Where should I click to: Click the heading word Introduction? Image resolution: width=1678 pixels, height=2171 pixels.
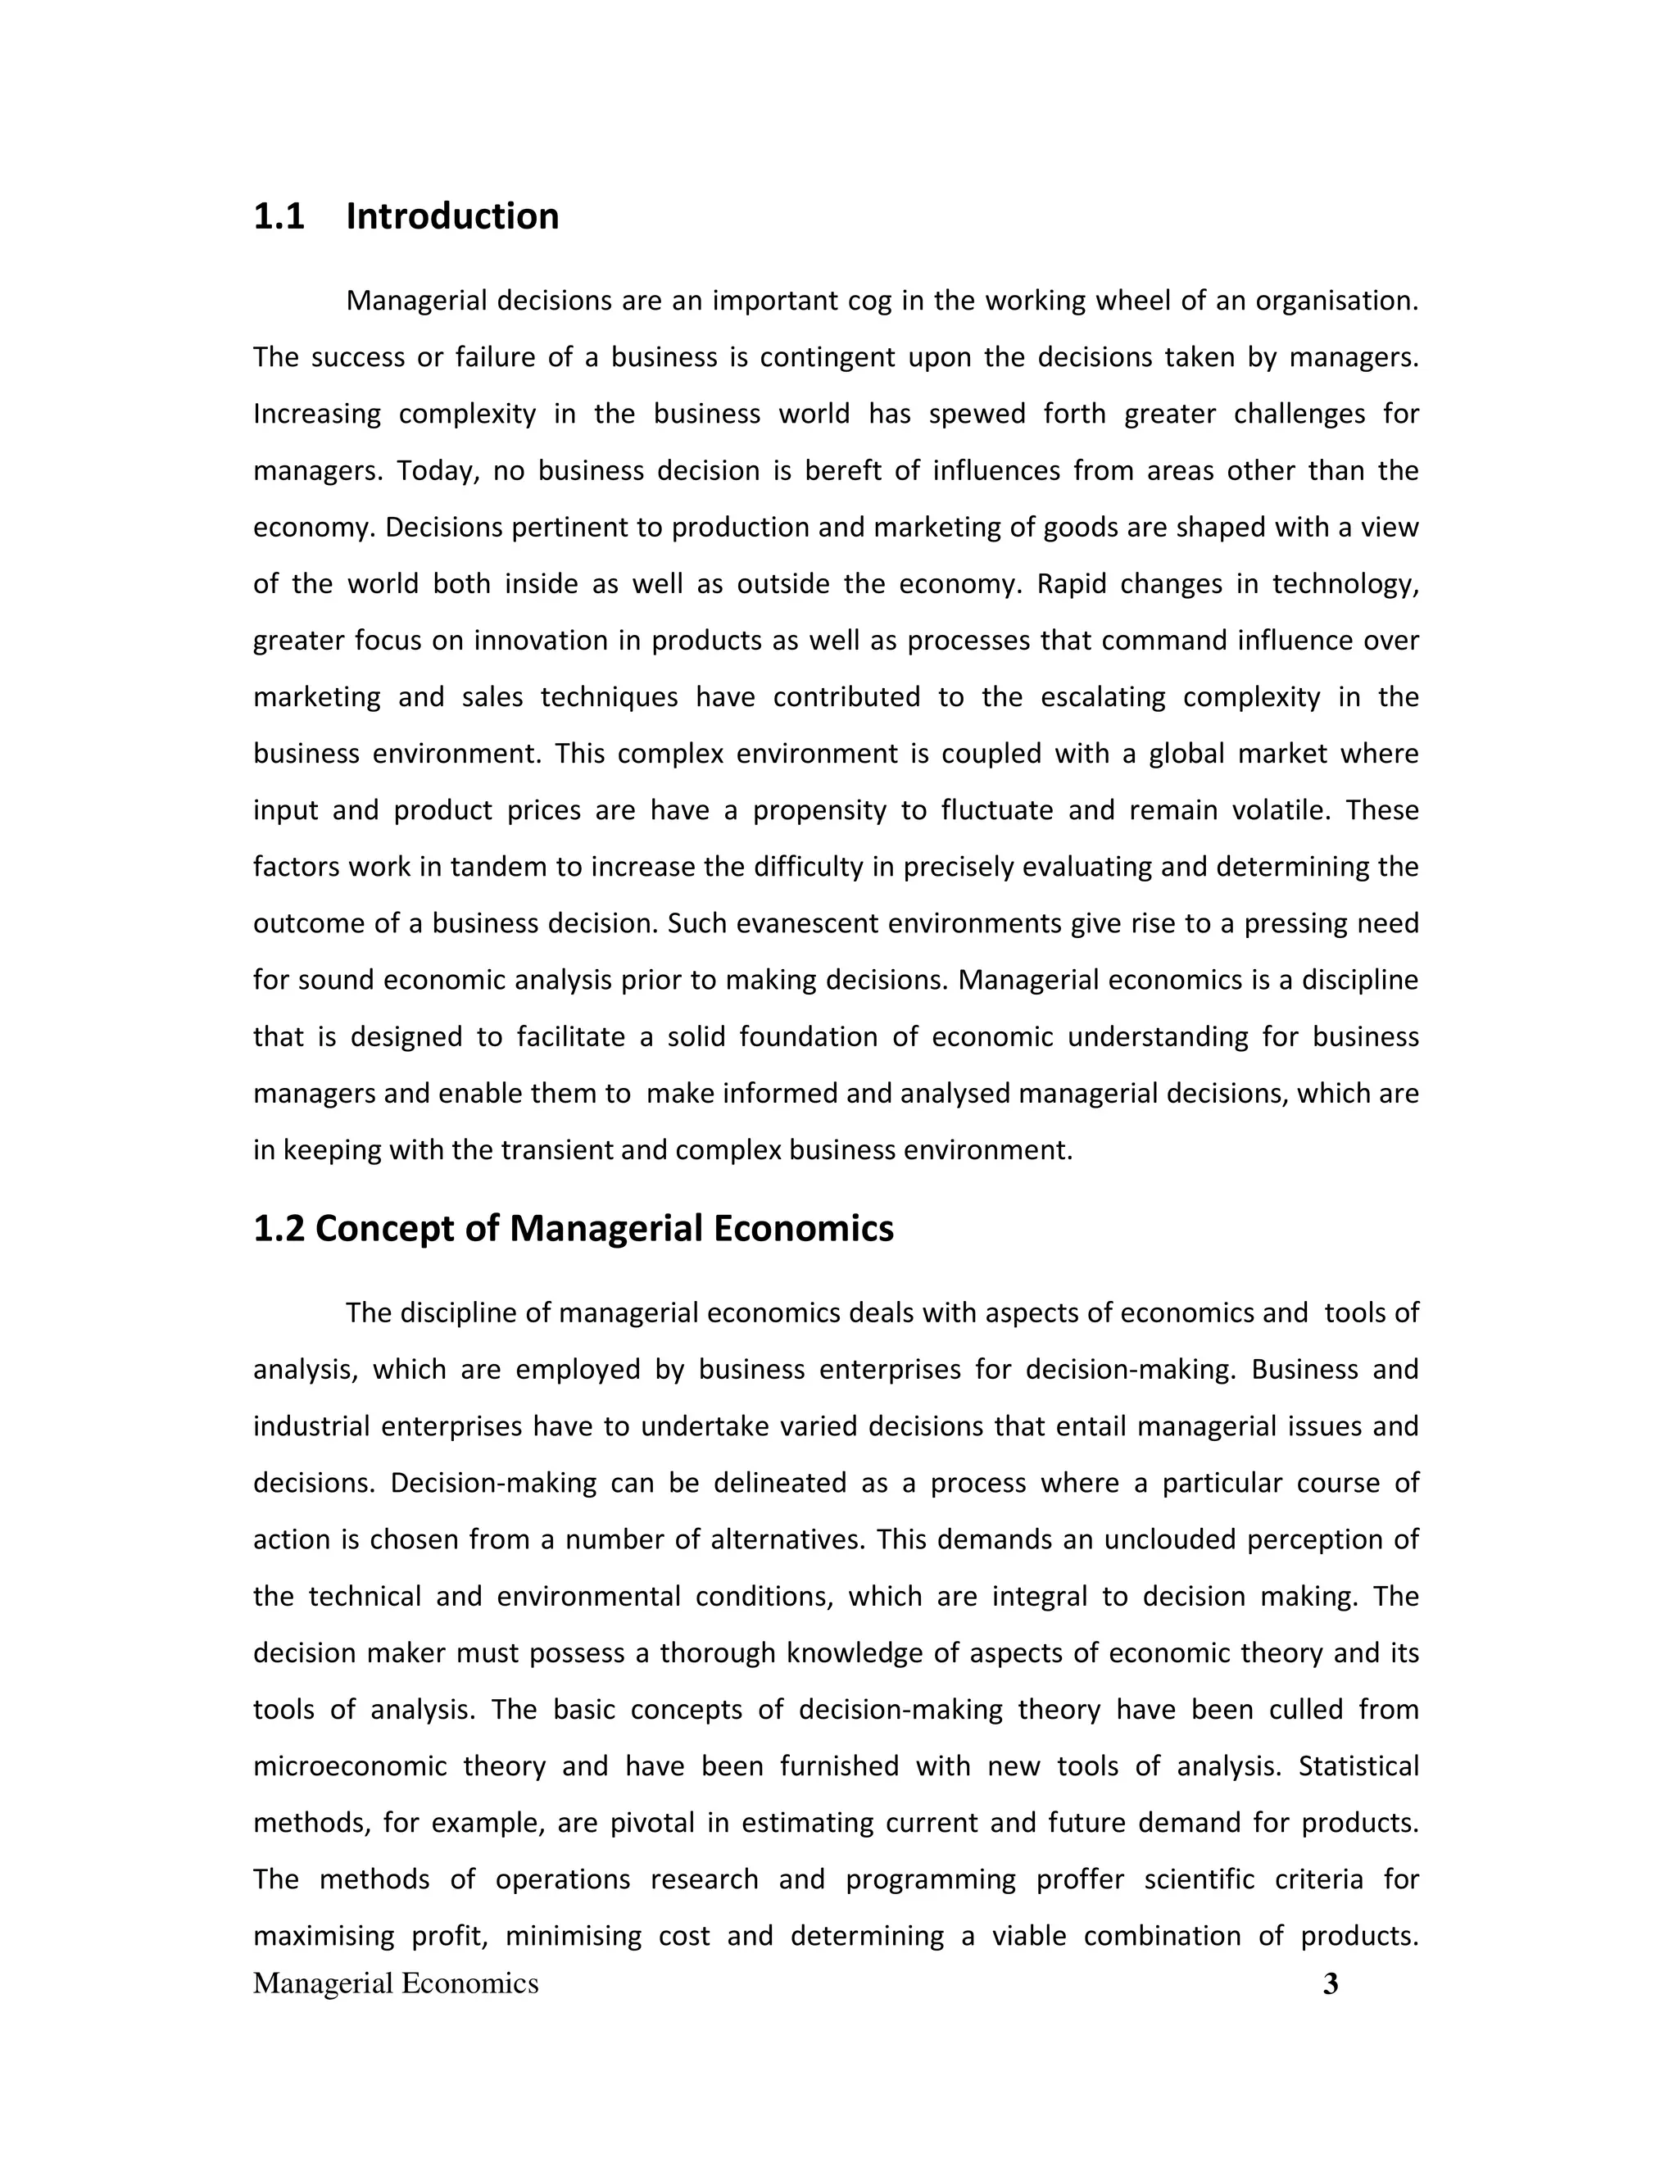pyautogui.click(x=452, y=217)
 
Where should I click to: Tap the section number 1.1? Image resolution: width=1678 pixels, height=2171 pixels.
pyautogui.click(x=279, y=217)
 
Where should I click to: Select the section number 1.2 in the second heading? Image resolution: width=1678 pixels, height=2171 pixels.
pyautogui.click(x=279, y=1229)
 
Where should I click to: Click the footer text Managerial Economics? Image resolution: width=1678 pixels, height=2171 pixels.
pyautogui.click(x=396, y=1984)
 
